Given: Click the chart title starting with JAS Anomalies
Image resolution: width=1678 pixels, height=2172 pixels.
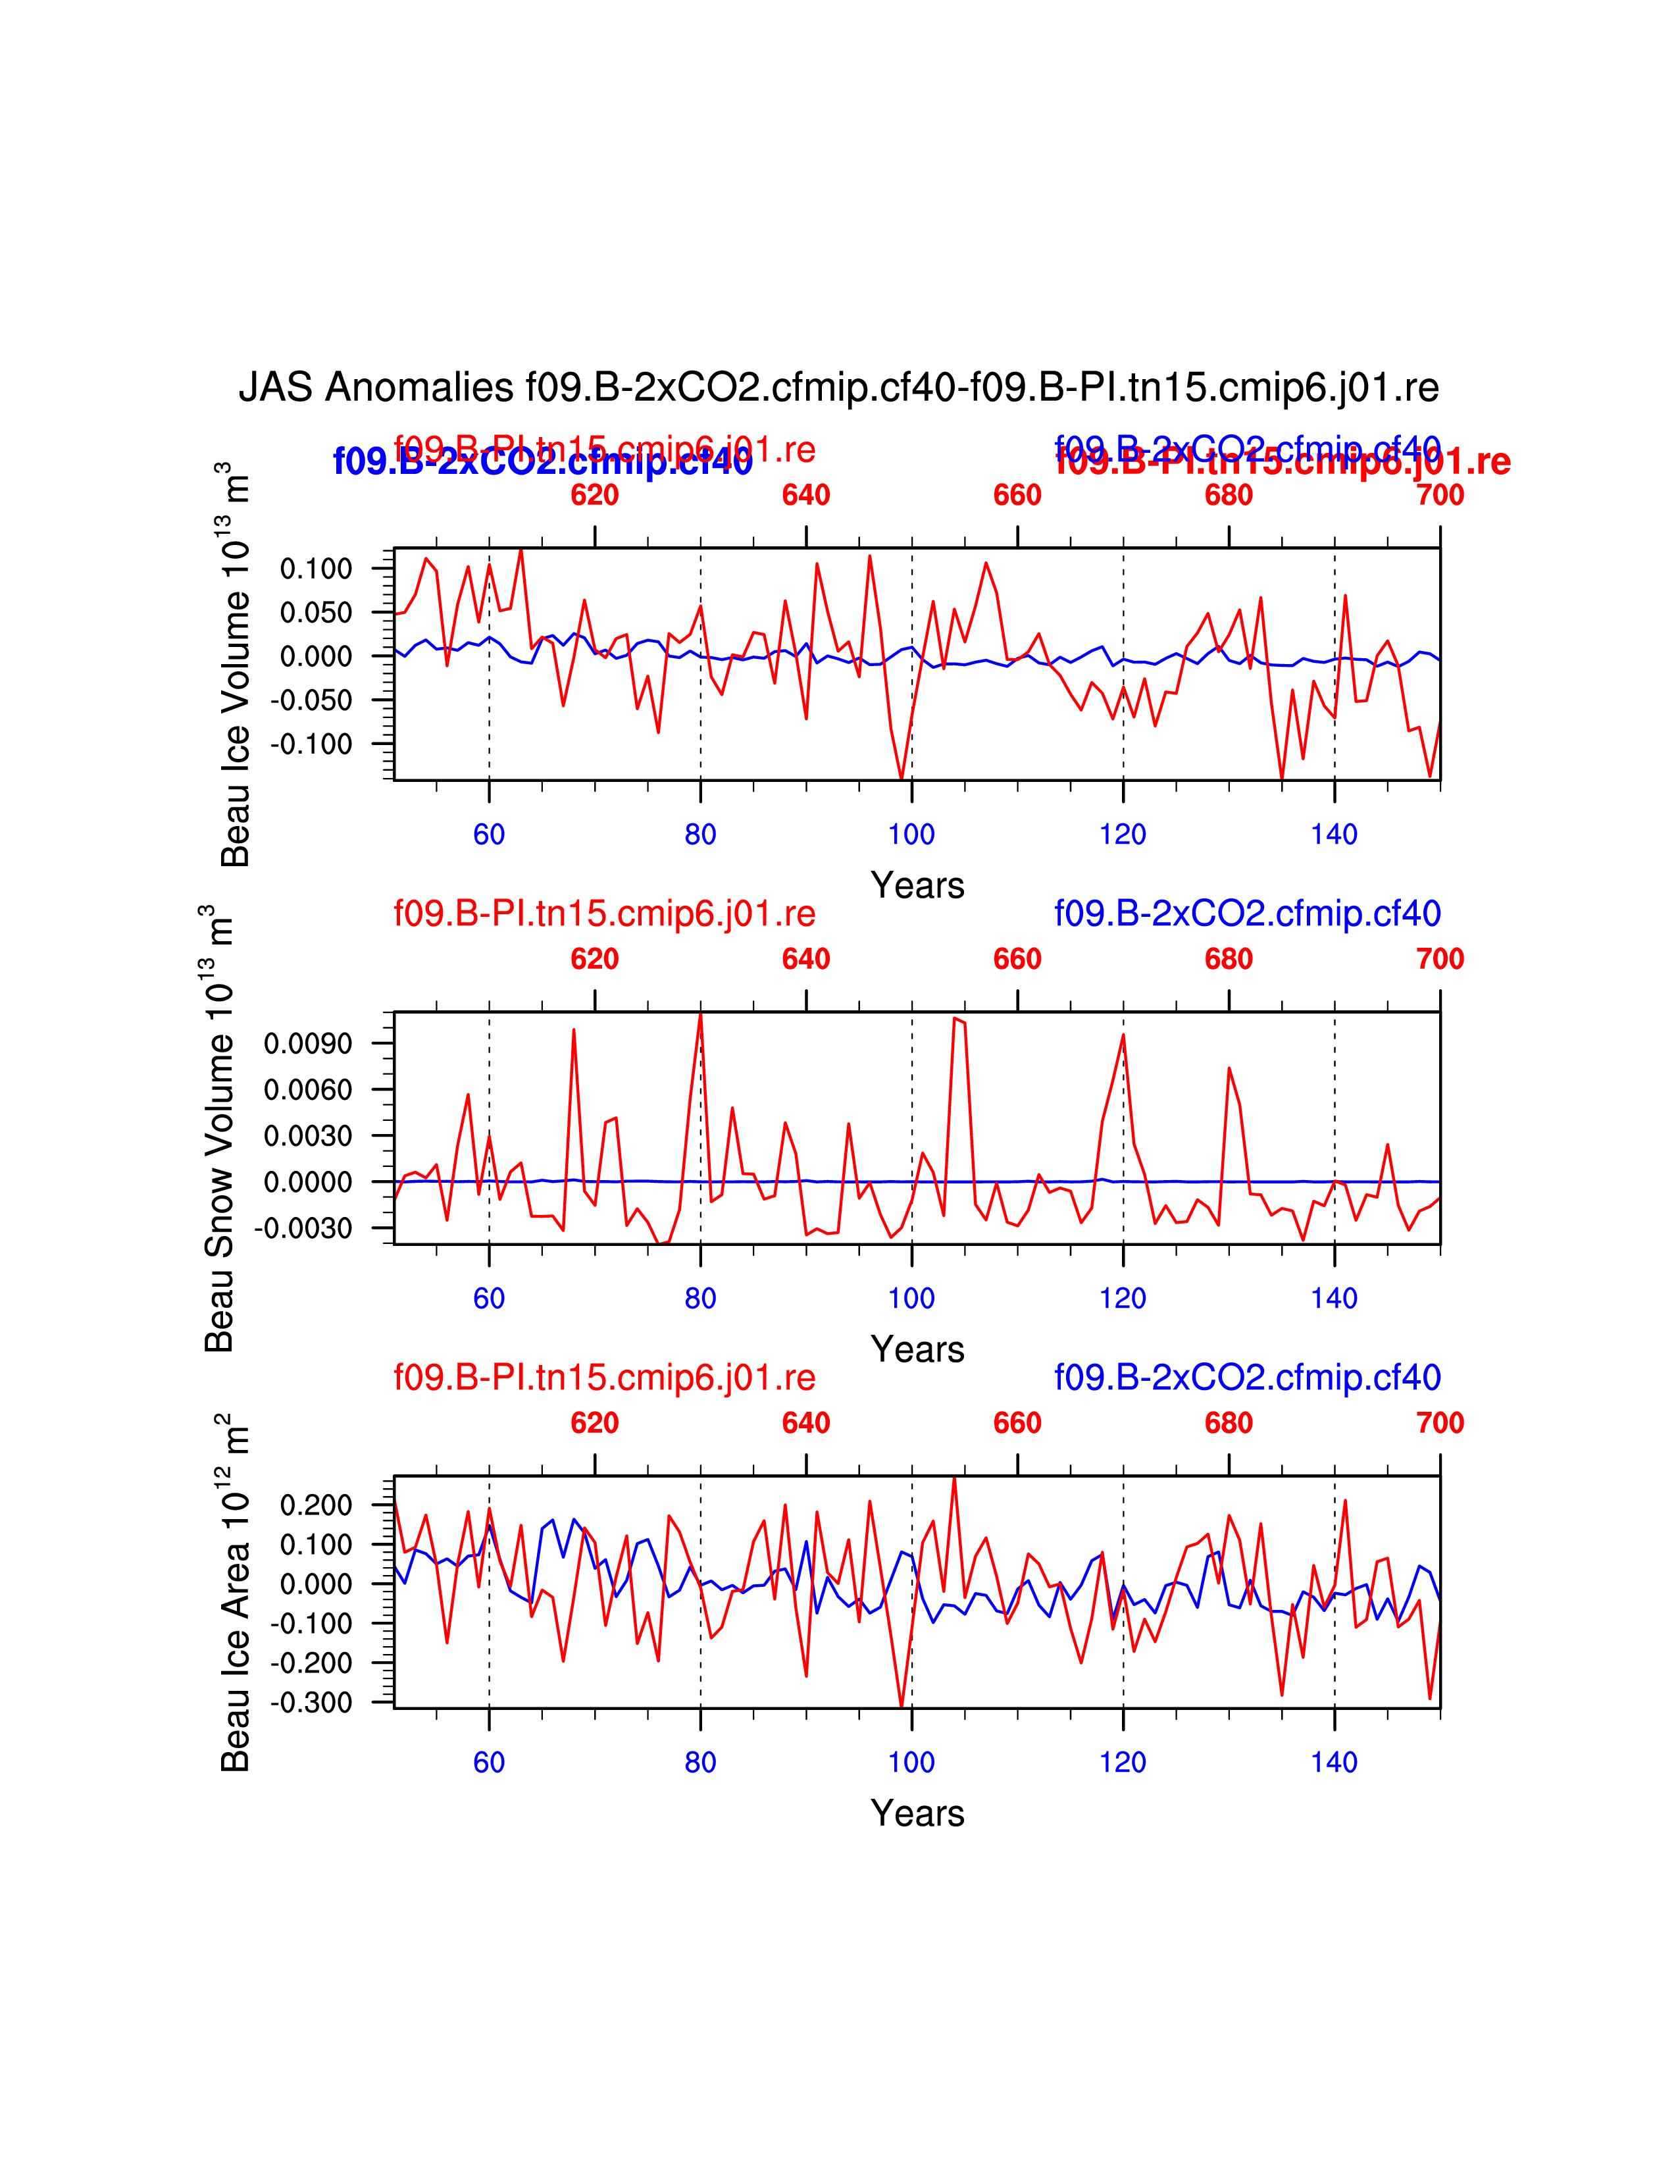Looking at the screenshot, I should pos(838,387).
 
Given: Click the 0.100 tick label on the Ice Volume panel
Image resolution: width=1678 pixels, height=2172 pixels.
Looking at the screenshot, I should pos(316,569).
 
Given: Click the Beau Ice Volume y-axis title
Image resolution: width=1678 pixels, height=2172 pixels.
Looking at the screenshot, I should pos(236,664).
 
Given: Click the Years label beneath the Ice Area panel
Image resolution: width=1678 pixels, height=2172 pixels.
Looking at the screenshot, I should pos(917,1813).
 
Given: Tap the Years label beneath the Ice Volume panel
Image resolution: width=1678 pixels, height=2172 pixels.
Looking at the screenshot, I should pos(917,885).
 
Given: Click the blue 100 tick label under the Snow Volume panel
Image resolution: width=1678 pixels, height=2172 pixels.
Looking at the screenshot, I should pos(911,1298).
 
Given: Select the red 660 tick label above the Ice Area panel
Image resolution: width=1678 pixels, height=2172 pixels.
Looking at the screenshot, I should pos(1017,1423).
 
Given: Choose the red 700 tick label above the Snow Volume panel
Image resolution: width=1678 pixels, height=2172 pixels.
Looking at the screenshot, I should pos(1439,959).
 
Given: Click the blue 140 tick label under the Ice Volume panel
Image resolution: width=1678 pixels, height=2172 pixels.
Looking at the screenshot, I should pos(1334,835).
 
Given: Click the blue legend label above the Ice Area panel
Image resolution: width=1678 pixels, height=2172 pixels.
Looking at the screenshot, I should pos(1248,1378).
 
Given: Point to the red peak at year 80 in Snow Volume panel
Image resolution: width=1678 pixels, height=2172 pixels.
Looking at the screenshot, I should pos(701,1014).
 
